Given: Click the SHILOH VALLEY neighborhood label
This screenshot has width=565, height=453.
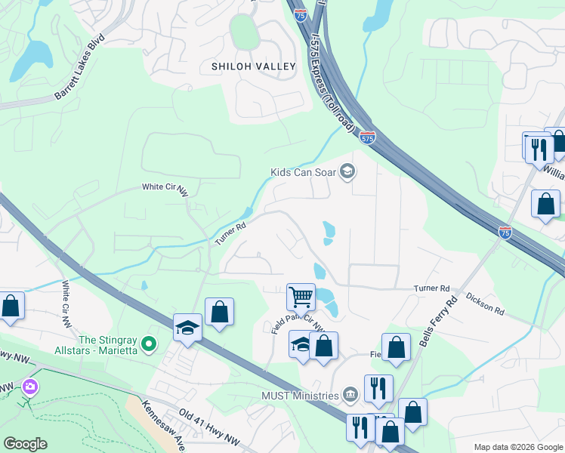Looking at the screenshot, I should coord(253,66).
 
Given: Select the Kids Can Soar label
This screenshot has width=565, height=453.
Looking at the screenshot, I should coord(306,172).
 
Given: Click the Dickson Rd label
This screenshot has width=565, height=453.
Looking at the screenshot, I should coord(484,304).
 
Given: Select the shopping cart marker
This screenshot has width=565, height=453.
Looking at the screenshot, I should coord(301,296).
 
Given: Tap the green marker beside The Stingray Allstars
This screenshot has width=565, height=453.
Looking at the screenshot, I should coord(149,344).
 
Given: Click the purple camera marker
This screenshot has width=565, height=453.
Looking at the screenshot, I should coord(29,387).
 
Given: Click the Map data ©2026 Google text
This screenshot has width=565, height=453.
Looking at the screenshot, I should coord(517,447).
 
